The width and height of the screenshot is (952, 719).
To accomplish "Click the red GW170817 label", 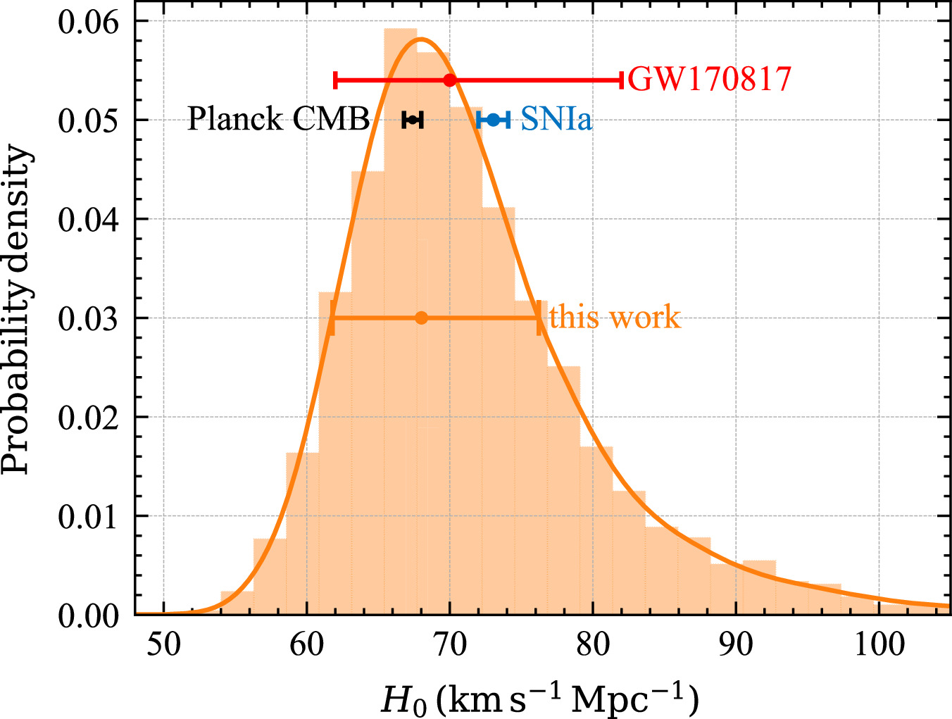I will pyautogui.click(x=709, y=80).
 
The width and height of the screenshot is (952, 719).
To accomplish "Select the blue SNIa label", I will pyautogui.click(x=556, y=120).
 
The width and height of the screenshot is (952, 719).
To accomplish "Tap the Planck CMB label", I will pyautogui.click(x=278, y=120).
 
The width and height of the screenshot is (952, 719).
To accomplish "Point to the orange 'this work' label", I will pyautogui.click(x=615, y=318).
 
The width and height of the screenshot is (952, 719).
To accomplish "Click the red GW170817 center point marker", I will pyautogui.click(x=450, y=80).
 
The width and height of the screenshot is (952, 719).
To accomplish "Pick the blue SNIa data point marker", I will pyautogui.click(x=493, y=120).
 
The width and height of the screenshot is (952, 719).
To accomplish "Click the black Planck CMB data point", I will pyautogui.click(x=413, y=120).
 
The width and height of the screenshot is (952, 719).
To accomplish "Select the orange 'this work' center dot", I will pyautogui.click(x=421, y=318).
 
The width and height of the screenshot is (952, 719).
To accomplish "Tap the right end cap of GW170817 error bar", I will pyautogui.click(x=622, y=80).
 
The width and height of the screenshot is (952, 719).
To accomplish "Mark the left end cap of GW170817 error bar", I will pyautogui.click(x=335, y=80).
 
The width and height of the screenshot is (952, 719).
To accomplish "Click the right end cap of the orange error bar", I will pyautogui.click(x=539, y=318).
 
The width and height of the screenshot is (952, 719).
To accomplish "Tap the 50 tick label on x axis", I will pyautogui.click(x=163, y=644).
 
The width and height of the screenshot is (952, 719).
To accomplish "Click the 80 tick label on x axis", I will pyautogui.click(x=592, y=644).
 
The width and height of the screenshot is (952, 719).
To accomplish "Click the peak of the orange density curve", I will pyautogui.click(x=420, y=39).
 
